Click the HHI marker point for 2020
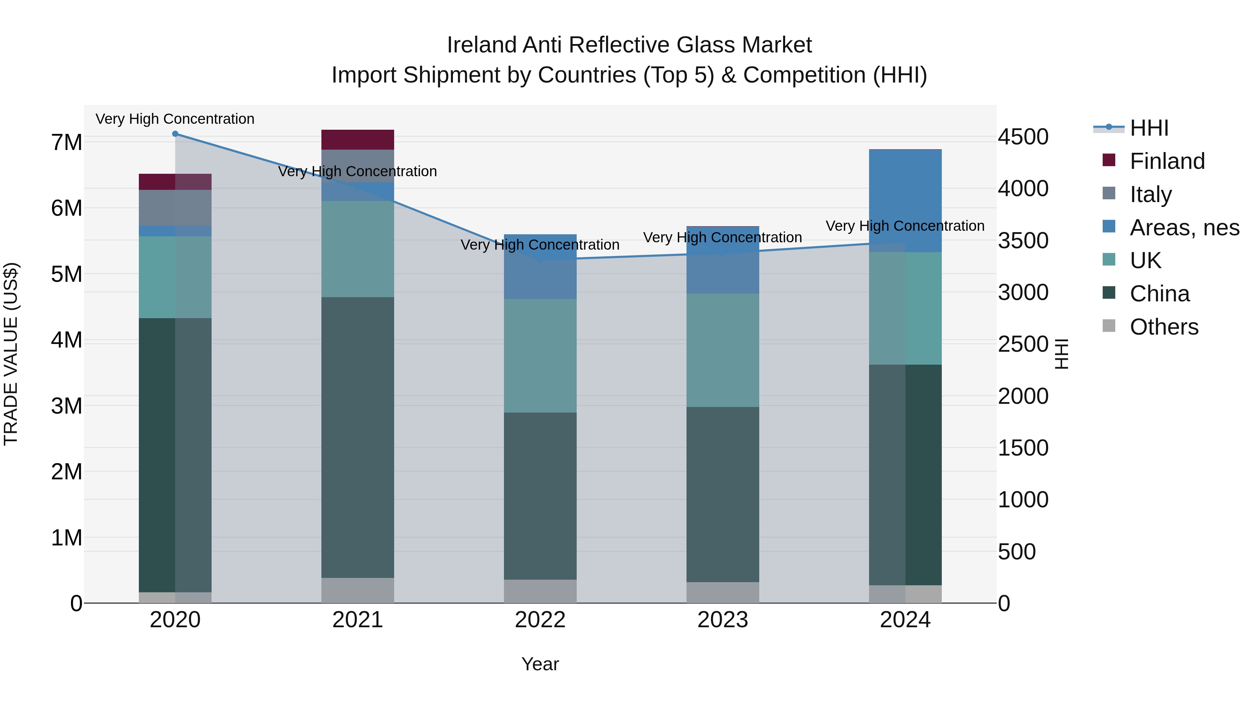[175, 134]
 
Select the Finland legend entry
[1167, 161]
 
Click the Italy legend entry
[1151, 194]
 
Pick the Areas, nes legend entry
[1184, 228]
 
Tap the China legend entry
[1159, 294]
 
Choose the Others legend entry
[1164, 327]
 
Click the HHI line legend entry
[1148, 128]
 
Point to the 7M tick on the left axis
[66, 143]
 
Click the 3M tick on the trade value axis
[66, 406]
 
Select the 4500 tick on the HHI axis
[1023, 137]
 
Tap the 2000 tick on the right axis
[1023, 396]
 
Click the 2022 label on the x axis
[540, 620]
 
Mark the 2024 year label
[905, 620]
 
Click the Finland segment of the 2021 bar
[357, 140]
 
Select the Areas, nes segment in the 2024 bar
[905, 201]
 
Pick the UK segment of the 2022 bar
[540, 356]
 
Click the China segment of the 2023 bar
[723, 494]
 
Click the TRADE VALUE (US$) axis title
[11, 354]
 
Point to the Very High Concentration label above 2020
[175, 119]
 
